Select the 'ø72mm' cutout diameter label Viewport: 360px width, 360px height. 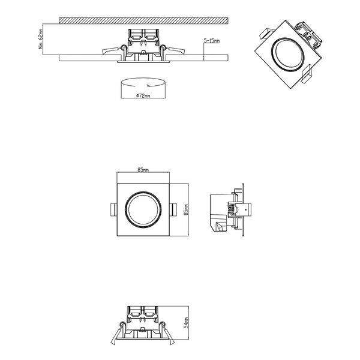point(143,96)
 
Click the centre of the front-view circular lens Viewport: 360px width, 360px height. point(143,210)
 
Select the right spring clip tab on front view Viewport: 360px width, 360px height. point(173,210)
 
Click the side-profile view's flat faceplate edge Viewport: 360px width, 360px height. point(243,210)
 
